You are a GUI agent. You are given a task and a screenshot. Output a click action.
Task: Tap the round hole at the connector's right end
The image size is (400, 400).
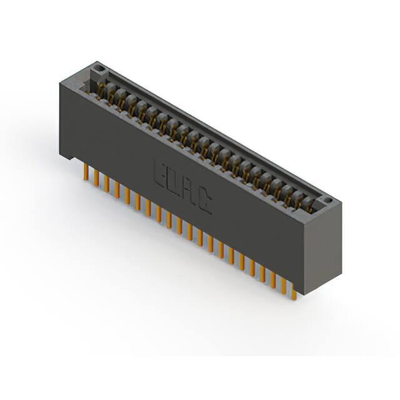[x=328, y=200]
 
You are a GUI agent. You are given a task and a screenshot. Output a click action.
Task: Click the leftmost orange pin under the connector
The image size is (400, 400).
[x=86, y=172]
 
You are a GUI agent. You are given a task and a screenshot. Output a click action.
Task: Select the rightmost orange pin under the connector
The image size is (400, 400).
[x=294, y=292]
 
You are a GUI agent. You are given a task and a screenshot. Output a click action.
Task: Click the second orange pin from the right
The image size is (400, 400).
[x=284, y=282]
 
